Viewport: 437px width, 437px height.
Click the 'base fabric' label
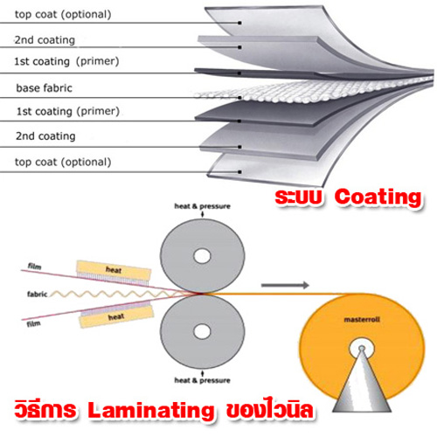click(44, 88)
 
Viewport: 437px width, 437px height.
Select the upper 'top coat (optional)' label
click(63, 14)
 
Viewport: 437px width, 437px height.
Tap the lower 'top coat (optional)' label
click(63, 162)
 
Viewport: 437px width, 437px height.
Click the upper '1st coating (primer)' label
click(66, 61)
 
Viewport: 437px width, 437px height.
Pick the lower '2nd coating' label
click(45, 136)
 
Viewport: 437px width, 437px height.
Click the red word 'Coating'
click(378, 198)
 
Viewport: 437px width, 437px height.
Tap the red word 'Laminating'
click(151, 411)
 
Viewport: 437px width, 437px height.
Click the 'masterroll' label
click(362, 320)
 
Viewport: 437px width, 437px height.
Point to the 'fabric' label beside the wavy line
click(37, 295)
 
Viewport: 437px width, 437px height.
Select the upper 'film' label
click(34, 266)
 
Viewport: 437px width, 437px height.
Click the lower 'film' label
click(33, 323)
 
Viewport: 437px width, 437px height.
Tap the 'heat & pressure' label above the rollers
click(202, 206)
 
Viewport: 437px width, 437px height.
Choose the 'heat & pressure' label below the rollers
click(202, 380)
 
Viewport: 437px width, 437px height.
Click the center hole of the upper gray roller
click(202, 256)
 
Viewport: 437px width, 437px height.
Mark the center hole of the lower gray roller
click(202, 331)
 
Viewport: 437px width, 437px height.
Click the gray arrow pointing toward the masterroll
click(285, 285)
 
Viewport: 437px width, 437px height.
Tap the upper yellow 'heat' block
click(114, 270)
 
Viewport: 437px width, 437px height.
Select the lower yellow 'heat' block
click(116, 316)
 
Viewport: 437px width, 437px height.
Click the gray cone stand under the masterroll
click(362, 385)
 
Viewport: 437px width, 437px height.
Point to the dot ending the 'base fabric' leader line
click(239, 98)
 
